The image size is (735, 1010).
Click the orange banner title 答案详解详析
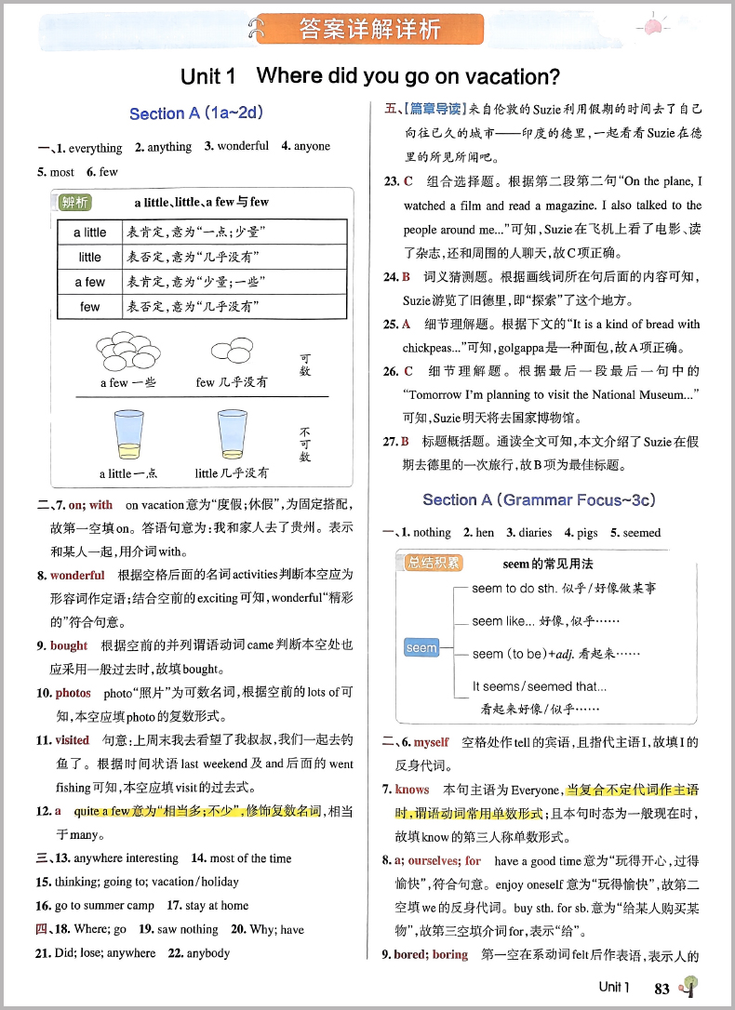(x=369, y=29)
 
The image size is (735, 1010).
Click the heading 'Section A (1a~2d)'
(x=195, y=113)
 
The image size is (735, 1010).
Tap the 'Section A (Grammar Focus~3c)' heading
(x=539, y=500)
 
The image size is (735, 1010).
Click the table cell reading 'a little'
(x=90, y=233)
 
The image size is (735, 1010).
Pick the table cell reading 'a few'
(x=90, y=282)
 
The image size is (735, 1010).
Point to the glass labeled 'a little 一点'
(x=128, y=436)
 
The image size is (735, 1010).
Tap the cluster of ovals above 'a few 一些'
(x=125, y=350)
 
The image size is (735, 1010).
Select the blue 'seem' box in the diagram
(x=421, y=648)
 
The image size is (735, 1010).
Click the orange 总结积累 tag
(x=434, y=563)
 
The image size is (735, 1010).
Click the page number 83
(x=662, y=989)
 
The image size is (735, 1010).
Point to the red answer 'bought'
(x=69, y=645)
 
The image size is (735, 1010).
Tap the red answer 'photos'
(x=73, y=693)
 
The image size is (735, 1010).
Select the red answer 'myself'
(x=431, y=742)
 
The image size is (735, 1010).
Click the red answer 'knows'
(x=412, y=790)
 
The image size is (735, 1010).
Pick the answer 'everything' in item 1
(x=95, y=148)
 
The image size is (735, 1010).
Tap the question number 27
(x=391, y=442)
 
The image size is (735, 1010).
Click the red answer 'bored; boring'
(x=431, y=955)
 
